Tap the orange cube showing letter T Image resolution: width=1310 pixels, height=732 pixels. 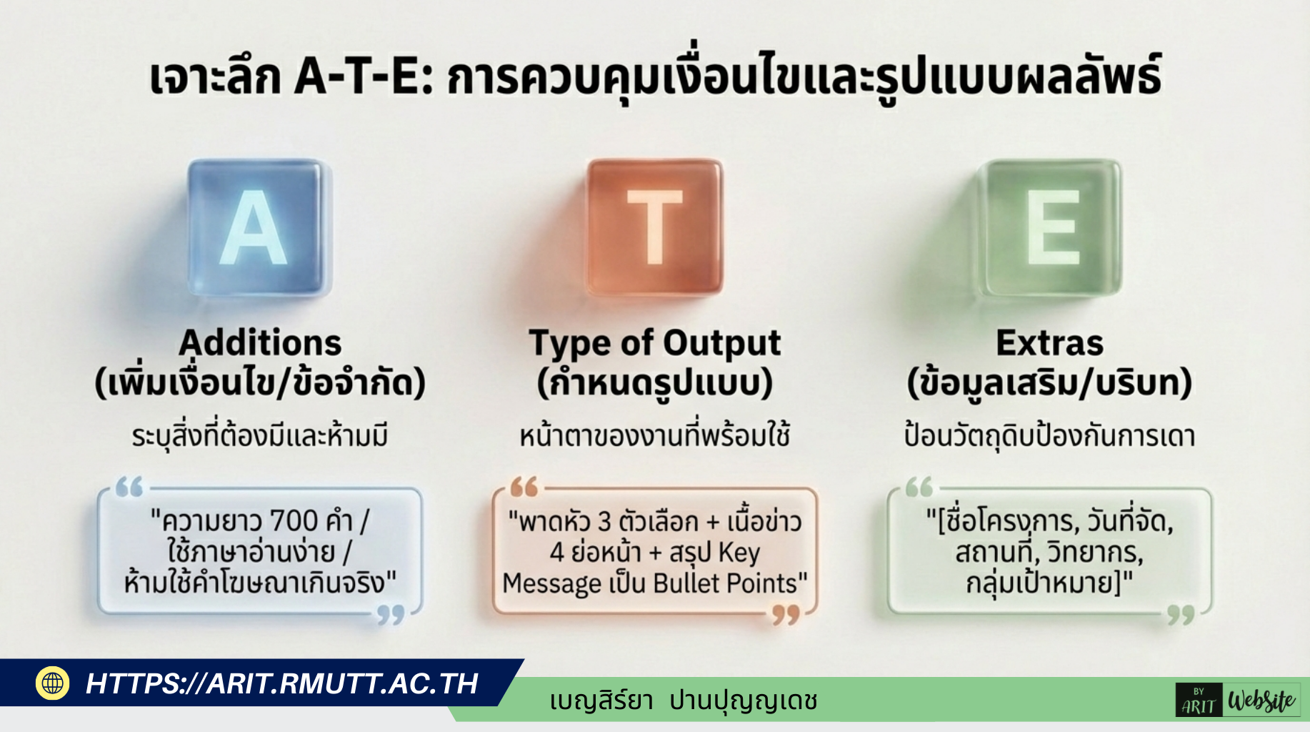click(x=654, y=227)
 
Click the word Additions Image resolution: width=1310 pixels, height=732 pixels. click(x=260, y=343)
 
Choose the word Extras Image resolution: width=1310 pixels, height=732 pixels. click(x=1049, y=343)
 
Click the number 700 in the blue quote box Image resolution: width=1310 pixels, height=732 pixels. click(x=294, y=521)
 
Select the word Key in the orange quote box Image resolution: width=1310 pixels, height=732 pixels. click(x=739, y=553)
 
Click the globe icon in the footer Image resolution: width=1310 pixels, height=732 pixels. click(x=52, y=683)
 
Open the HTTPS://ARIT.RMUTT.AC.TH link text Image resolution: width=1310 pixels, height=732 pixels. click(x=282, y=684)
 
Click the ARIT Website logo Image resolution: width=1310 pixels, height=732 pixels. click(x=1238, y=700)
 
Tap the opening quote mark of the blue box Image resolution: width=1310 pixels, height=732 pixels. click(x=129, y=487)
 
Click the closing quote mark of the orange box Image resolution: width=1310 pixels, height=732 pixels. click(x=786, y=615)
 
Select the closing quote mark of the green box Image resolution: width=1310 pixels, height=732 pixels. click(x=1181, y=615)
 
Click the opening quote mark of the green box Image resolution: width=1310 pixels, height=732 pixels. click(x=919, y=487)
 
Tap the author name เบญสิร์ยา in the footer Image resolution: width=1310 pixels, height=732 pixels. click(x=601, y=700)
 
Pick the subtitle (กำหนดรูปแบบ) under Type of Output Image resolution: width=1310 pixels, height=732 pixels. click(x=655, y=383)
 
